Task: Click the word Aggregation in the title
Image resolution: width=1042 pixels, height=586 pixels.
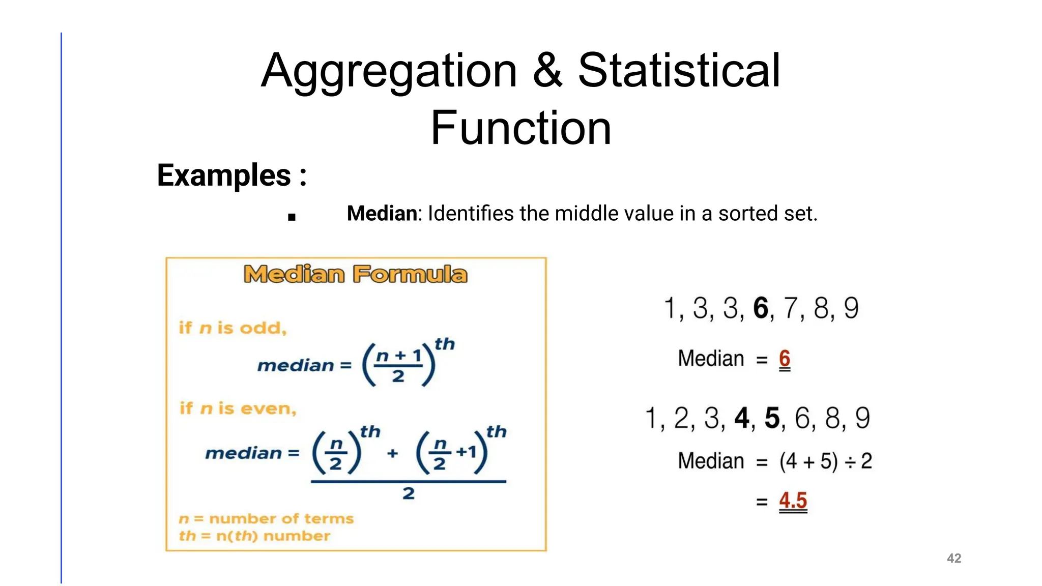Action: click(389, 71)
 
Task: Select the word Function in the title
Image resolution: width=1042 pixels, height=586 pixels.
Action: click(520, 128)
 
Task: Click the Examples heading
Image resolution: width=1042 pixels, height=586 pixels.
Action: click(231, 175)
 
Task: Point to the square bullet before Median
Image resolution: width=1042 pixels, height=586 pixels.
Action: click(292, 217)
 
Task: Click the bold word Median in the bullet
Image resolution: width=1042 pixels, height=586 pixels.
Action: click(382, 214)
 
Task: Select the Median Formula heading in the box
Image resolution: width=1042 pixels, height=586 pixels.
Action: click(356, 275)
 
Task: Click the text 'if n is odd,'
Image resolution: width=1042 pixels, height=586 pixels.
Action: click(233, 328)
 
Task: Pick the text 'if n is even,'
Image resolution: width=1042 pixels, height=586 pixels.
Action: click(238, 408)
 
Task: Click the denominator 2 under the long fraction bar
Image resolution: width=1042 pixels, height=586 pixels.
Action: click(408, 493)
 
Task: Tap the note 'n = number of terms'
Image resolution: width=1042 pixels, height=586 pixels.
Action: click(266, 519)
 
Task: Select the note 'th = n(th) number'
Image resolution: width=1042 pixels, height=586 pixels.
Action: click(254, 536)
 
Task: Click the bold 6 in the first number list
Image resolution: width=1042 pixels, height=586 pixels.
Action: click(761, 308)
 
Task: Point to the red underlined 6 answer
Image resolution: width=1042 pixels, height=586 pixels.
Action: click(785, 359)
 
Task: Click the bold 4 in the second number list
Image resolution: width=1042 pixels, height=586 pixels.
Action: click(742, 419)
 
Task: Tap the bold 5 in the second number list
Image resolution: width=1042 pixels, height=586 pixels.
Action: click(772, 419)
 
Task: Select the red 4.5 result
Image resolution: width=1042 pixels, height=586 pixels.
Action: click(793, 501)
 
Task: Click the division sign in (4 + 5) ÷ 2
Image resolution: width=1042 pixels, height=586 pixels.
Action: click(850, 462)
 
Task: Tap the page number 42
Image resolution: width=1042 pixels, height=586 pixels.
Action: click(953, 559)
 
